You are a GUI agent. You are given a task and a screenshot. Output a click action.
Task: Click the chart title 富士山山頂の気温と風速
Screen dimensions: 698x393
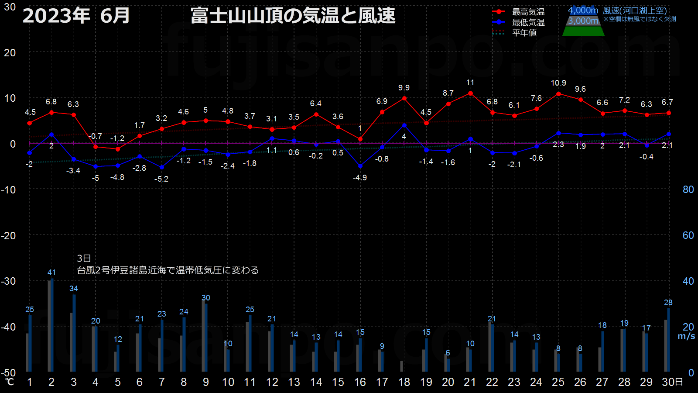point(293,16)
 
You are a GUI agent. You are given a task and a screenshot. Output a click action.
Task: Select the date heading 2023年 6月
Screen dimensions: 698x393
point(76,16)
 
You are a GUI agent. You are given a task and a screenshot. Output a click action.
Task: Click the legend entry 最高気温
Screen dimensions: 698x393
point(528,12)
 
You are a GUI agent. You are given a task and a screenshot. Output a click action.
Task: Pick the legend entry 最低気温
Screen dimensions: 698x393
point(528,22)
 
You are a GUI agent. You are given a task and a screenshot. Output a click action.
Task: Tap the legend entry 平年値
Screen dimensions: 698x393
point(524,33)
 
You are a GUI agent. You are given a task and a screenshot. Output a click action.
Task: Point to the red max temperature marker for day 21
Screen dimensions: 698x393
point(471,93)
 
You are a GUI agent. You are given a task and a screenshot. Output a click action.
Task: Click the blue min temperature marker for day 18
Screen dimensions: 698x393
point(404,125)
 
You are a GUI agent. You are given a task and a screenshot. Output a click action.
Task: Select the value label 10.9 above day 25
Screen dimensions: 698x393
point(558,83)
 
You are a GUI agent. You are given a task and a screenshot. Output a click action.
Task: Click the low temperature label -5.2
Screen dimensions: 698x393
point(161,179)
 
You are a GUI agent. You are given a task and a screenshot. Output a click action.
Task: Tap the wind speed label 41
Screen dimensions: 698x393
point(51,272)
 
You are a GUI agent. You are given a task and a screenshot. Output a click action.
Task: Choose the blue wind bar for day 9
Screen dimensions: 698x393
point(206,338)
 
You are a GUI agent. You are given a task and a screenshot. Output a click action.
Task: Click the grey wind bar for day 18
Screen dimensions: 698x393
point(402,366)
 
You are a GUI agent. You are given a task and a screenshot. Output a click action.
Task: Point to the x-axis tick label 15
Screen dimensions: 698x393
point(338,382)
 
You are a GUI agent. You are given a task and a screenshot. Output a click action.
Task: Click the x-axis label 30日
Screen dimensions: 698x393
point(672,382)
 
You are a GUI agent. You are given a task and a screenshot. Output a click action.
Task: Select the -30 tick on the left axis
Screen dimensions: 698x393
point(8,281)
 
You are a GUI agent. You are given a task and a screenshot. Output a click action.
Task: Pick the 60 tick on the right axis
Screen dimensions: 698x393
point(688,235)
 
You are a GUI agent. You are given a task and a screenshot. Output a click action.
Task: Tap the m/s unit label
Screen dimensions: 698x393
point(686,336)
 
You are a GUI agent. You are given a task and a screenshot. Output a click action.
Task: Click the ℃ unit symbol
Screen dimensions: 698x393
point(9,382)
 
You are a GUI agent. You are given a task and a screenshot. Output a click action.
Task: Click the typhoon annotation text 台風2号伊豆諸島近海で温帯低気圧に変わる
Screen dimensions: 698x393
point(168,270)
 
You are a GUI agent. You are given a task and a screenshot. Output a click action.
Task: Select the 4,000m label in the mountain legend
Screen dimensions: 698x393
point(583,10)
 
